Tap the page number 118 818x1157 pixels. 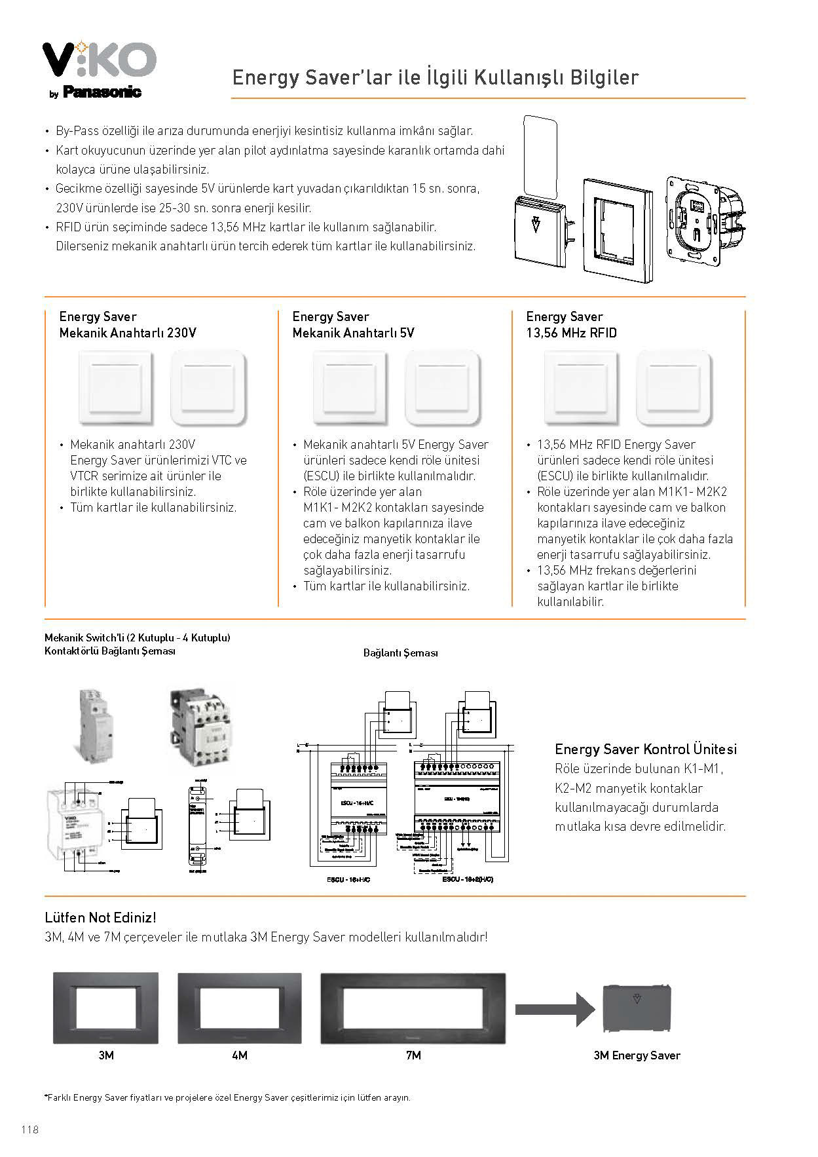tap(29, 1130)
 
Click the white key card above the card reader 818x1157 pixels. tap(541, 157)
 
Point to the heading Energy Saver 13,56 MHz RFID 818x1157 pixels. tap(571, 325)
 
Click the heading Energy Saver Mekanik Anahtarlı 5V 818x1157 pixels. tap(353, 325)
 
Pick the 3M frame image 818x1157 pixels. tap(105, 1008)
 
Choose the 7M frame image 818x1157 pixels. tap(413, 1008)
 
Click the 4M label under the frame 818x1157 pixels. tap(240, 1055)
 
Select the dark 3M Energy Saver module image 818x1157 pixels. tap(637, 1008)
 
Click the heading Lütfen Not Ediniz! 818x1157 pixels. tap(100, 917)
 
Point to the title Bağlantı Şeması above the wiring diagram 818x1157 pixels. tap(400, 653)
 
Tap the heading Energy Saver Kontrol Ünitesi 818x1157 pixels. tap(646, 749)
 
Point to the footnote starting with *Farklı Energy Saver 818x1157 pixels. tap(227, 1097)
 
